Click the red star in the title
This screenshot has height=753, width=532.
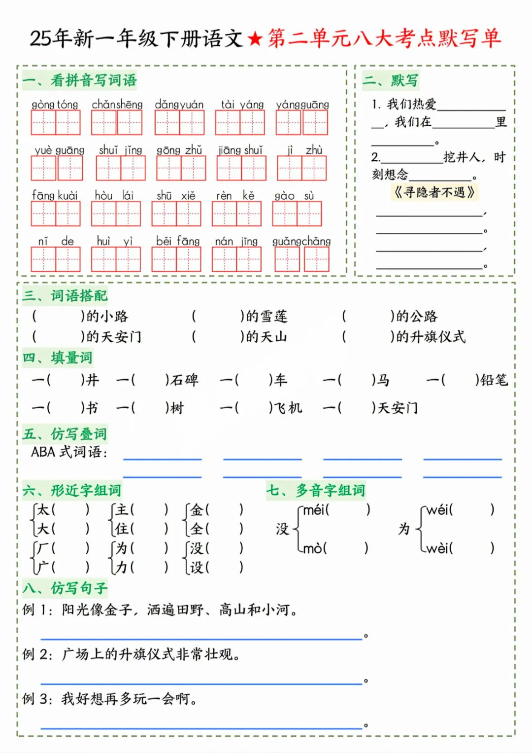coord(255,38)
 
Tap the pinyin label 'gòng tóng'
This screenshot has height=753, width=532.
coord(55,105)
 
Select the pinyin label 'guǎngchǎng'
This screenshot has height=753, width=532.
coord(301,241)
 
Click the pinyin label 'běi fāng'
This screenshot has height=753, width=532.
coord(178,241)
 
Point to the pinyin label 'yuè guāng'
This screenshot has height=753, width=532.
coord(59,150)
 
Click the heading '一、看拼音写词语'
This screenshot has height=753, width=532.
coord(79,80)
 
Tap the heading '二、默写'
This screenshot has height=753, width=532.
coord(391,80)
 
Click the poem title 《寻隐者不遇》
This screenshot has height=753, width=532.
coord(434,192)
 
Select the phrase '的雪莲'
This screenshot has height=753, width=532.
coord(266,316)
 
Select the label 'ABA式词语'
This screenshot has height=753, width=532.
coord(68,452)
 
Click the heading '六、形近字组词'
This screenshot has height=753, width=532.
coord(72,490)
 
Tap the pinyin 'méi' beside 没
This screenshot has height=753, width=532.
coord(314,510)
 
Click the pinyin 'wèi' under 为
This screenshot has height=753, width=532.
coord(437,548)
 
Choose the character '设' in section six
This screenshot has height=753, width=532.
coord(197,567)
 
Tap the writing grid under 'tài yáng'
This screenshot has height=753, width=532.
coord(240,122)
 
